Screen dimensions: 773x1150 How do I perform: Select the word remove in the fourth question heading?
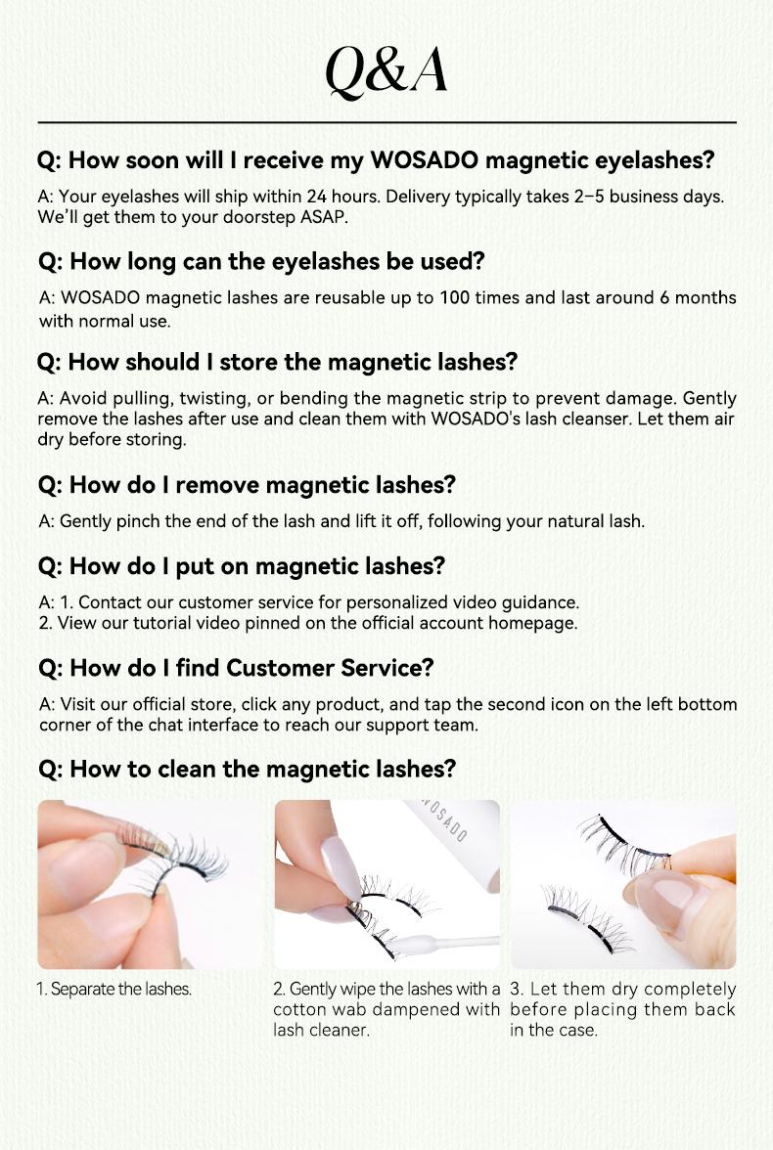coord(216,485)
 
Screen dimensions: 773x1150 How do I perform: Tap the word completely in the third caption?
coord(690,990)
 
